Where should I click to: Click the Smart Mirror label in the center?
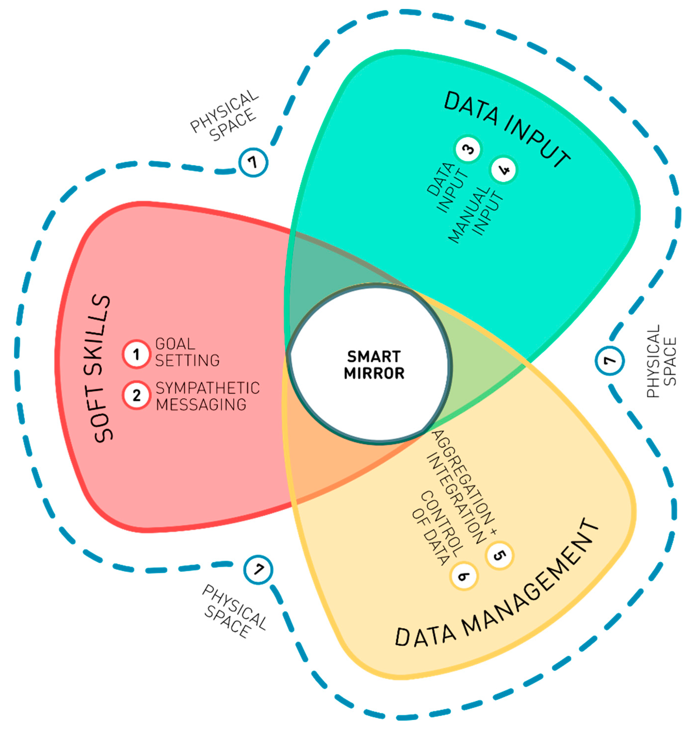click(x=374, y=365)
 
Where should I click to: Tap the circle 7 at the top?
click(x=253, y=162)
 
